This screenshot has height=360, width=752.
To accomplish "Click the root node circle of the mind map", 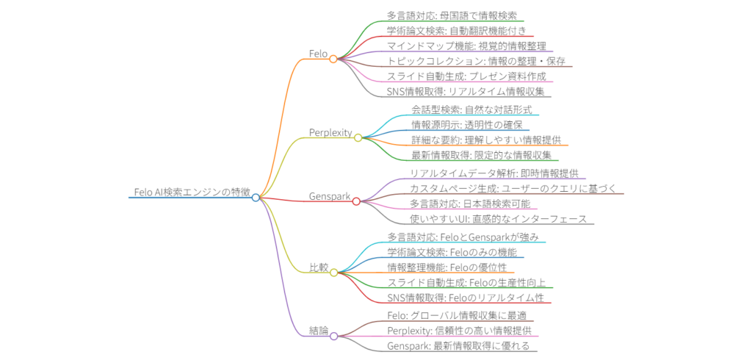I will [256, 198].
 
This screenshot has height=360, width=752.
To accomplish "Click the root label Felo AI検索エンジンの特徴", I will [192, 192].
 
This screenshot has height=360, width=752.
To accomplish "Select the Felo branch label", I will [319, 53].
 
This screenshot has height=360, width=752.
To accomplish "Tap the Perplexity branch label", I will [330, 132].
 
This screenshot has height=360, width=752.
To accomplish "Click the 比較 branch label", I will [318, 267].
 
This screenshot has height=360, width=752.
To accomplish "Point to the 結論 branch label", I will [318, 330].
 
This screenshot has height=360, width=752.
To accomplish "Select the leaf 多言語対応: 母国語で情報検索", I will [452, 15].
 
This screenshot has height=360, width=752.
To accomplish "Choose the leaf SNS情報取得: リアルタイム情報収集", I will [458, 91].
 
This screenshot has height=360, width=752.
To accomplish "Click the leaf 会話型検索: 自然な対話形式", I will [471, 109].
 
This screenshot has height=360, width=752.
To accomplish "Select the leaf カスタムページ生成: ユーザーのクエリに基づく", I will [513, 188].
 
